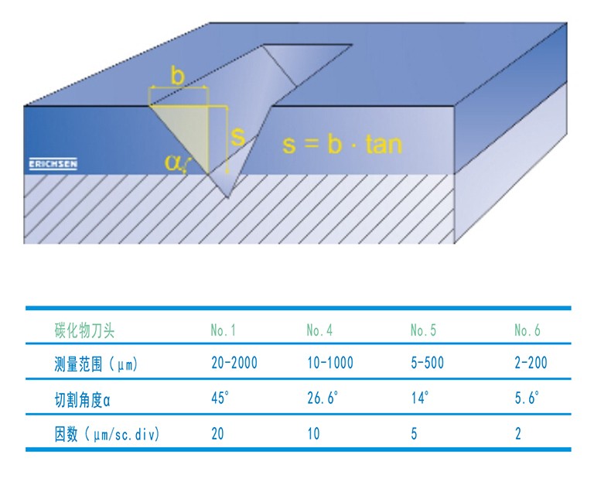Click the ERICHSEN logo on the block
[x=53, y=165]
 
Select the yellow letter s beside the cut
[x=237, y=137]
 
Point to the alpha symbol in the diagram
[x=173, y=162]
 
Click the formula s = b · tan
[x=342, y=144]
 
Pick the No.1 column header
[x=223, y=330]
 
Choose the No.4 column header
[x=319, y=330]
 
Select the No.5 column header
[x=423, y=330]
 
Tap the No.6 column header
[x=527, y=330]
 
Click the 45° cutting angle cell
[x=220, y=398]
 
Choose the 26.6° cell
[x=323, y=398]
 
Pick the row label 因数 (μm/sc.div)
[x=107, y=434]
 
